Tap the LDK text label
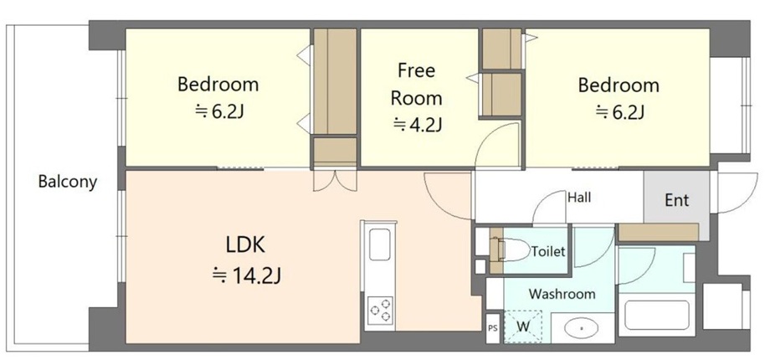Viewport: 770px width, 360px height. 245,244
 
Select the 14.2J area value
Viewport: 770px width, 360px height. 247,275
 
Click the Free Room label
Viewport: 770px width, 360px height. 416,85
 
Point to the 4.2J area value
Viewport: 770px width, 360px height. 418,126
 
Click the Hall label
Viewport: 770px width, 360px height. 579,198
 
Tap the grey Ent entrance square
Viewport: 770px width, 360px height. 677,199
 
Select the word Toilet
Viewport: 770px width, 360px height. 548,252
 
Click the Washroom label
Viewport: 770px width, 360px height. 562,294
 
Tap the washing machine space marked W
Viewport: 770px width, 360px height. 523,327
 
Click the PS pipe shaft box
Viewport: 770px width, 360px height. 492,327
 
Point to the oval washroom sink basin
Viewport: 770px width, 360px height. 583,327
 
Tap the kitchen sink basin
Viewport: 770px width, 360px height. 380,244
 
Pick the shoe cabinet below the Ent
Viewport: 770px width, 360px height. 658,232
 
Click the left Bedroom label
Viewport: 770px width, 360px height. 218,85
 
